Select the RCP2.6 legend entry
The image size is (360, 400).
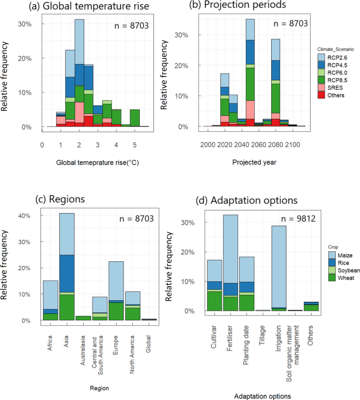coord(334,57)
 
